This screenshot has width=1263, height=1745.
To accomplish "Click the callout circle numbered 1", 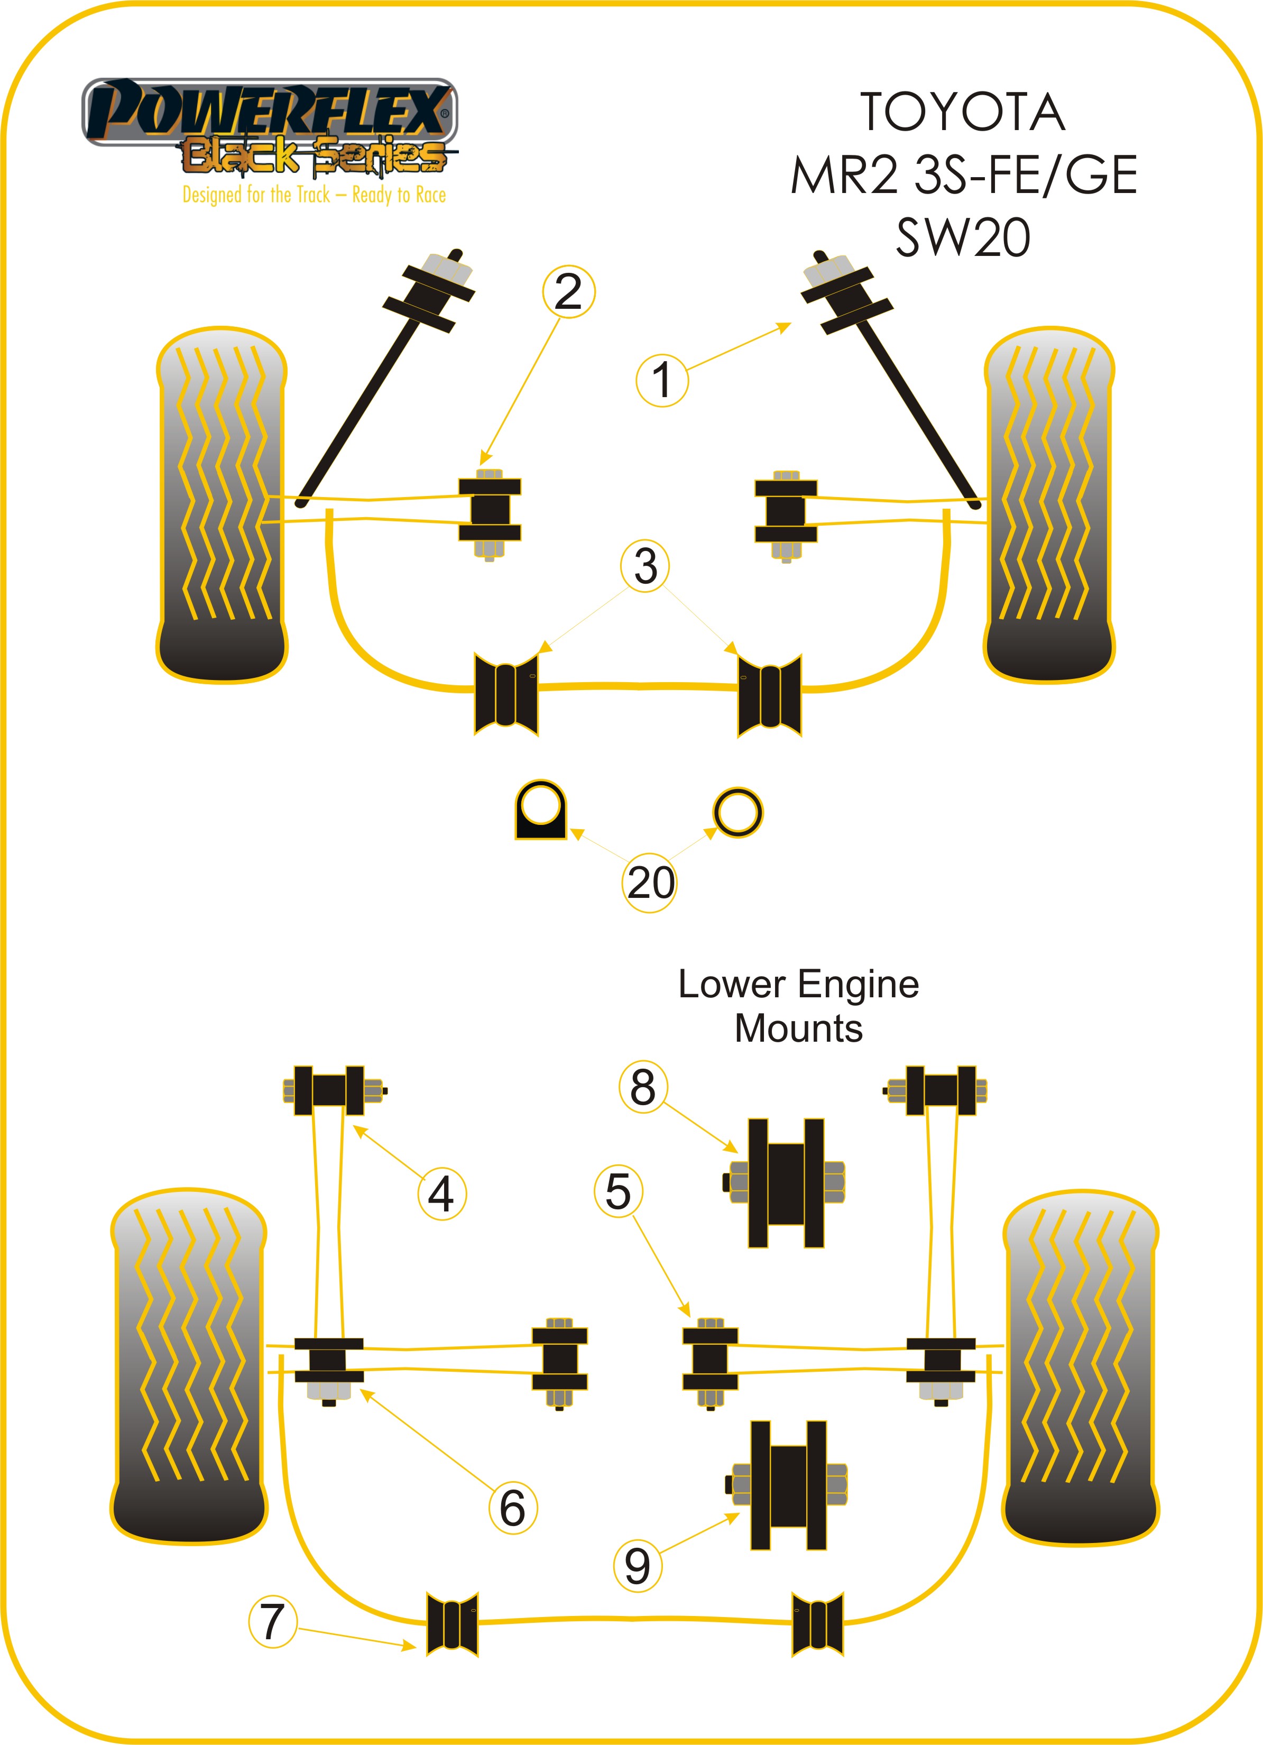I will pyautogui.click(x=661, y=380).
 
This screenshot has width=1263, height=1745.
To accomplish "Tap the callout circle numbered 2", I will pyautogui.click(x=568, y=291).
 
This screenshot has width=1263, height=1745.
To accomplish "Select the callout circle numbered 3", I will pyautogui.click(x=644, y=566).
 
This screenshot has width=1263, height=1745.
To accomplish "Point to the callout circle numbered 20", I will pyautogui.click(x=649, y=883).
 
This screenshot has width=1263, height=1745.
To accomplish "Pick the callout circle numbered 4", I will pyautogui.click(x=441, y=1194).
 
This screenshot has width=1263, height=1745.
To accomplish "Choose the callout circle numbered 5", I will pyautogui.click(x=619, y=1192).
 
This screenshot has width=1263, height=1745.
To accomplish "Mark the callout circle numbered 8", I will pyautogui.click(x=643, y=1087).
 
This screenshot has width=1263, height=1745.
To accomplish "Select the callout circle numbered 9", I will pyautogui.click(x=638, y=1566).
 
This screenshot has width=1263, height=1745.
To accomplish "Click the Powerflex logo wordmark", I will pyautogui.click(x=269, y=112).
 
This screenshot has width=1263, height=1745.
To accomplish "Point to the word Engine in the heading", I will pyautogui.click(x=858, y=984).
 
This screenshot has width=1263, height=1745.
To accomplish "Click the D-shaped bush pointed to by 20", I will pyautogui.click(x=540, y=810).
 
